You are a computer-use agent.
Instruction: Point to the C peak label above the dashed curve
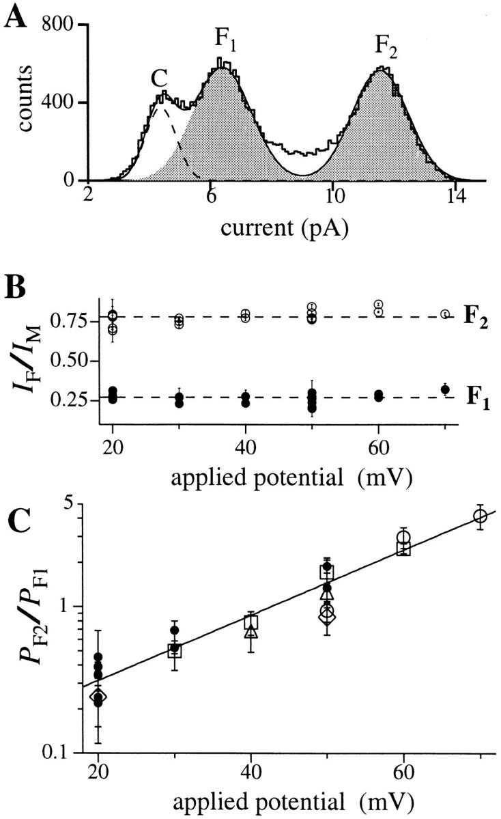pos(159,81)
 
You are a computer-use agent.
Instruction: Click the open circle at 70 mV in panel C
pos(480,517)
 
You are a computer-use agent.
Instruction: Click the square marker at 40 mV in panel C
pos(251,622)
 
